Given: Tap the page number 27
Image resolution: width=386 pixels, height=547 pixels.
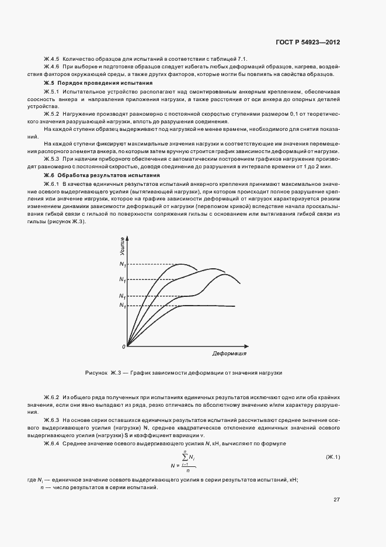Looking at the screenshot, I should tap(336, 500).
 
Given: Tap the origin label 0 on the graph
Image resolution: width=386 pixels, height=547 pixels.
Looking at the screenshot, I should tap(124, 347).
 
